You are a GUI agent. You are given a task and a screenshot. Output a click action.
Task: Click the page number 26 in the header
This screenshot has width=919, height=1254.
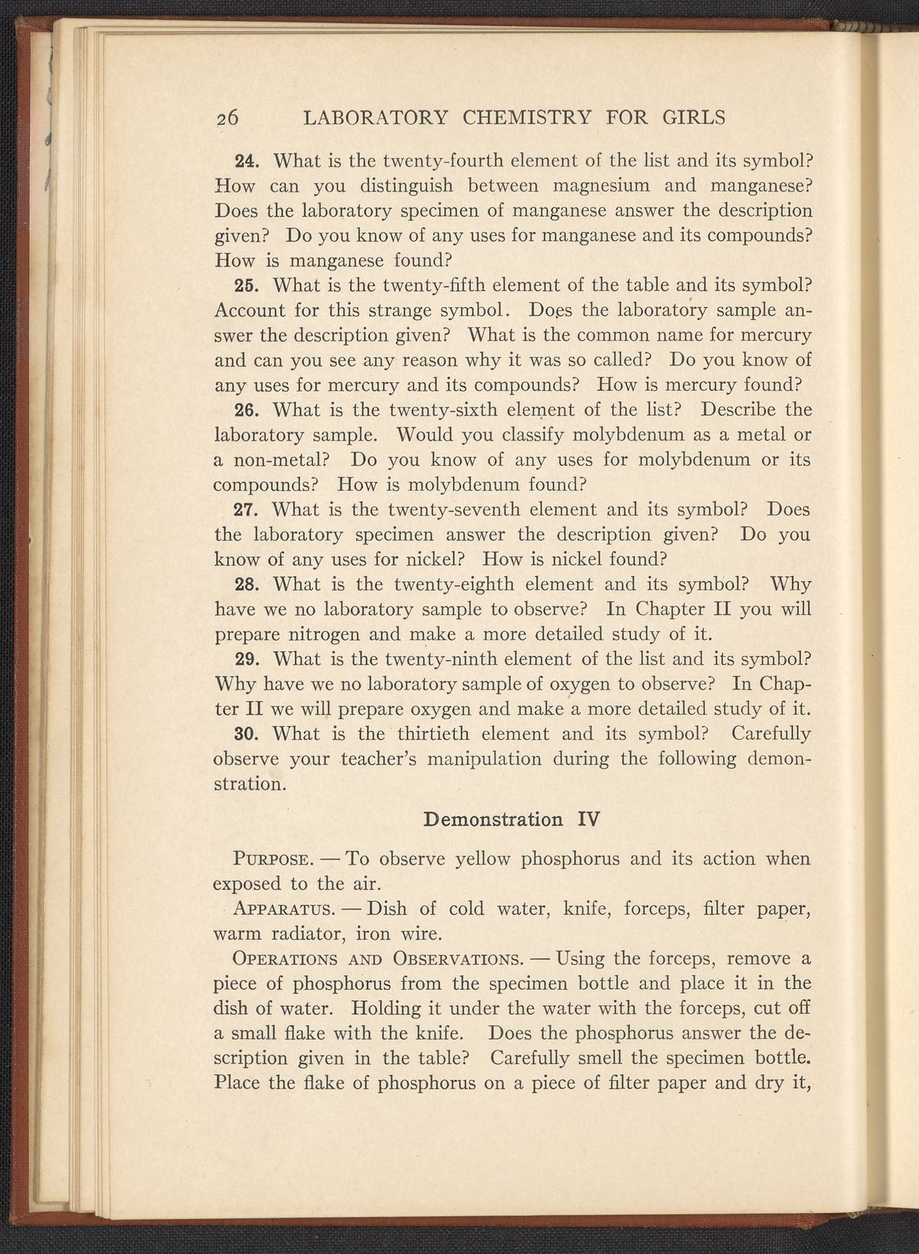[x=227, y=118]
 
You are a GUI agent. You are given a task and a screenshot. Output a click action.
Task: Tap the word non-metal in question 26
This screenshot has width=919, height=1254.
[x=279, y=460]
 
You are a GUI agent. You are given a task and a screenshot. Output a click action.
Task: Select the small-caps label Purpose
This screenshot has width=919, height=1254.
[x=270, y=859]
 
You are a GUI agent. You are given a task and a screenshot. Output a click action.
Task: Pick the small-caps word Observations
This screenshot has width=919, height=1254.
[x=456, y=959]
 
